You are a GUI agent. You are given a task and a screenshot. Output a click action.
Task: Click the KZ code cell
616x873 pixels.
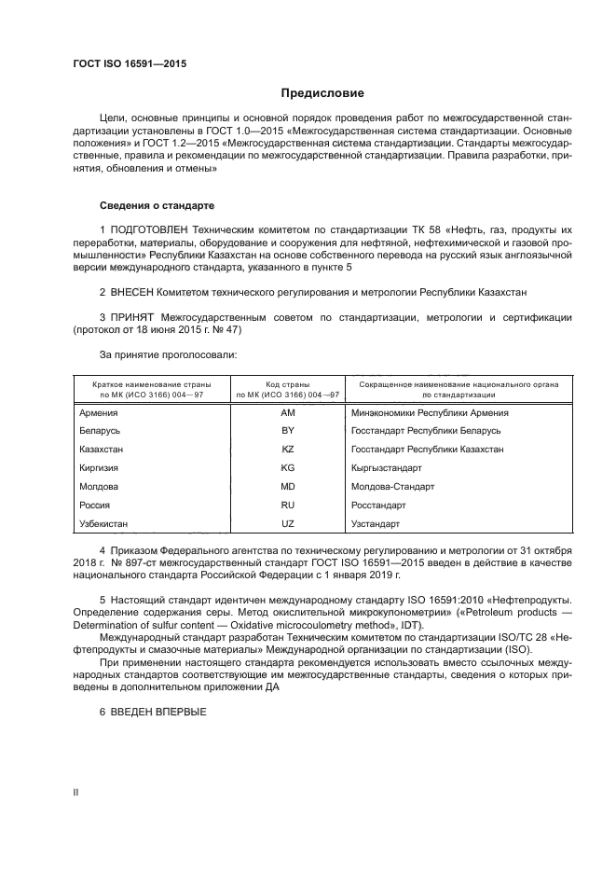pos(287,449)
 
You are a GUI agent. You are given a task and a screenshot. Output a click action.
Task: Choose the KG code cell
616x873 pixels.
pos(287,467)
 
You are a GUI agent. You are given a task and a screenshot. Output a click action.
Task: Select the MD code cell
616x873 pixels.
pos(287,486)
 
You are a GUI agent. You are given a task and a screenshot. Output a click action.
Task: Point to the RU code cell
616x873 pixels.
pos(287,505)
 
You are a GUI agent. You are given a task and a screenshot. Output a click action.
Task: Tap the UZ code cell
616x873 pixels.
pos(287,523)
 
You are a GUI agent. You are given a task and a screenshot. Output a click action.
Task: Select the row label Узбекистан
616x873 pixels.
pos(104,523)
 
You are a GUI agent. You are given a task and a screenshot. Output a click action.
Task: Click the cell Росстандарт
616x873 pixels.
pos(378,505)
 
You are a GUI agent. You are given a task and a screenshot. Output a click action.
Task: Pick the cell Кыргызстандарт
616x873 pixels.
pos(387,467)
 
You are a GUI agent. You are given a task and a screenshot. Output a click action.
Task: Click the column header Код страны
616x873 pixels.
pos(287,384)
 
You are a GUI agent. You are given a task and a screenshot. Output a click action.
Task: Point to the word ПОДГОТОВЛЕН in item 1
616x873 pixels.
pos(155,229)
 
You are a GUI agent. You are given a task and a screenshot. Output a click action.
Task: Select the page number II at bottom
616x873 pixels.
pos(75,792)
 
